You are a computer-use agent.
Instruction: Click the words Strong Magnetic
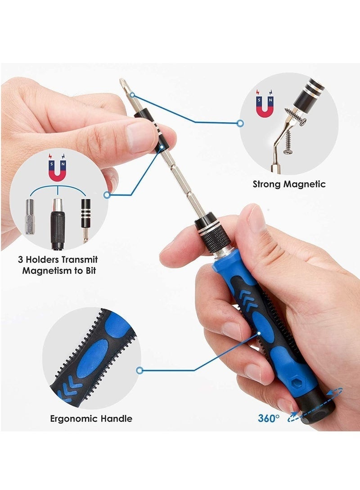click(x=289, y=184)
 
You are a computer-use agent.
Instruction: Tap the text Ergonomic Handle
click(x=91, y=418)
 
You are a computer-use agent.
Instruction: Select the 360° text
click(x=269, y=418)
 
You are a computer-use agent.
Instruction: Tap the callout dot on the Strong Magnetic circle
click(x=240, y=122)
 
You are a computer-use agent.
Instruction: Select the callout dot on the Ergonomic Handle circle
click(x=139, y=371)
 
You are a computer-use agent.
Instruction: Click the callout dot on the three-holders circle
click(x=107, y=195)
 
